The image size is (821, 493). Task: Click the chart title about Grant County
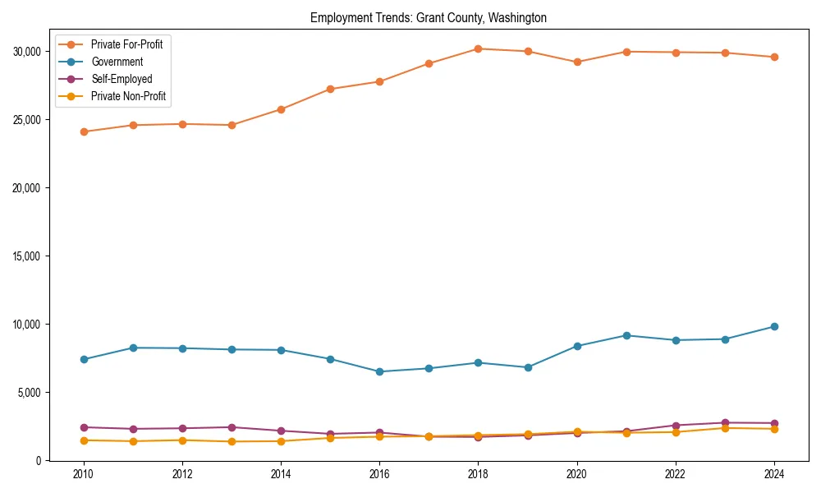(428, 17)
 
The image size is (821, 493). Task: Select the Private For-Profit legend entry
(126, 44)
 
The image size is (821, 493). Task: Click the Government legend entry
(117, 62)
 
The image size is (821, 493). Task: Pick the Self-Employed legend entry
(122, 79)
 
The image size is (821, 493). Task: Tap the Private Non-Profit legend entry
(128, 96)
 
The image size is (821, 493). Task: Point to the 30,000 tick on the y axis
(30, 52)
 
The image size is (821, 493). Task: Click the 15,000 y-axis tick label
(30, 256)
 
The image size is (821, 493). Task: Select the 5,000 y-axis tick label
(32, 393)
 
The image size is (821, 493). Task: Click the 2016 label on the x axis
(379, 474)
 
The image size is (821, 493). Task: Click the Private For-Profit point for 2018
(478, 48)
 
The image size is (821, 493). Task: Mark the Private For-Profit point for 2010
(84, 131)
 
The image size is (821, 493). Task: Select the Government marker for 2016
(379, 371)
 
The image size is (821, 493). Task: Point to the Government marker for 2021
(626, 335)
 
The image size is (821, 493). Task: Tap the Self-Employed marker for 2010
(84, 427)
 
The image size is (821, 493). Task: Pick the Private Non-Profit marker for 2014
(281, 441)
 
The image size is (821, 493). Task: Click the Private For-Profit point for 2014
(281, 109)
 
